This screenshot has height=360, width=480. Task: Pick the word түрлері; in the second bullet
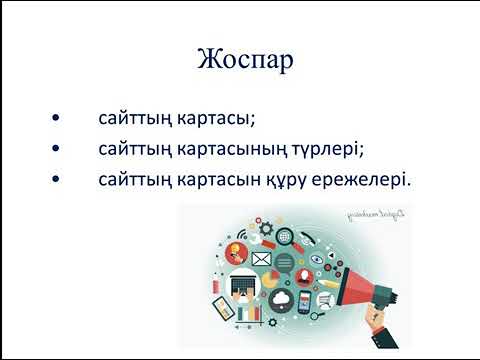322,150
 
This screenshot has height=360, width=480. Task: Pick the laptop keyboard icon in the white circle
242,287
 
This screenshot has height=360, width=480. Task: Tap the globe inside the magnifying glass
286,237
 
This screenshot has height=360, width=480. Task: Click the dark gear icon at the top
265,228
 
